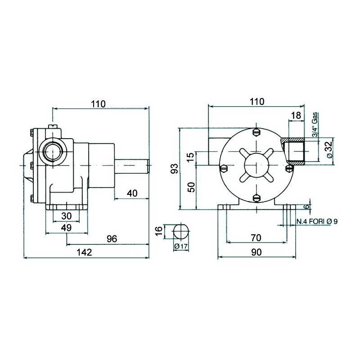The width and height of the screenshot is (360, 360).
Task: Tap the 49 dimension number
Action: point(66,228)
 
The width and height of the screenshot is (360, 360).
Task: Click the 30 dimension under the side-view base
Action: point(66,216)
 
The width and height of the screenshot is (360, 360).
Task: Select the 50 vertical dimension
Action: point(191,187)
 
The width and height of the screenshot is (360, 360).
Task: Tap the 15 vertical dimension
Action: point(191,157)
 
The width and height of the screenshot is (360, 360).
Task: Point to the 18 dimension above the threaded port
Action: point(296,115)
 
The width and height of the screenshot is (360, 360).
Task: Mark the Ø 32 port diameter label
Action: point(328,149)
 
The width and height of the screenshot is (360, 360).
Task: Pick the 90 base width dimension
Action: point(256,252)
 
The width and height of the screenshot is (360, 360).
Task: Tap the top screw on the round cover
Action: point(257,132)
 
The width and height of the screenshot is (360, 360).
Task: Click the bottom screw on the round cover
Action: point(257,198)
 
